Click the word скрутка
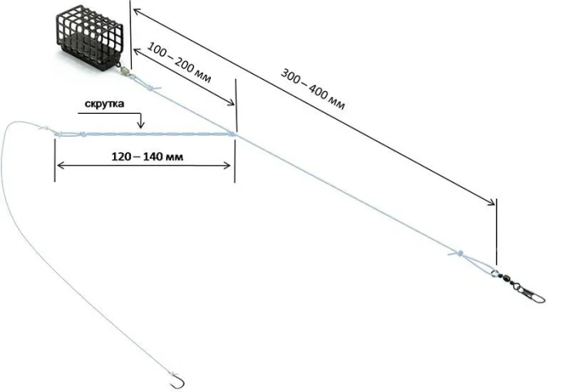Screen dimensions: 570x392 coord(104,103)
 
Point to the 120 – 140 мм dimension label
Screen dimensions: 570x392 coord(147,156)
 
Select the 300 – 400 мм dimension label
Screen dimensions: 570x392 coord(313,89)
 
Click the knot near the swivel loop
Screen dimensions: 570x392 coord(458,253)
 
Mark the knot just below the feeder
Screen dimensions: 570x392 coord(151,87)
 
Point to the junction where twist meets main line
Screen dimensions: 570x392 coord(232,134)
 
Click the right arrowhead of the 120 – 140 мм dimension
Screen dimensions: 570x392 coord(226,166)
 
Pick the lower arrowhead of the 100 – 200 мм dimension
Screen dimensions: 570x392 coord(230,102)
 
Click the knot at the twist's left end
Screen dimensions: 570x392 coord(82,134)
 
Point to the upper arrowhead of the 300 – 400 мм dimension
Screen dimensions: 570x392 coord(137,12)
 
